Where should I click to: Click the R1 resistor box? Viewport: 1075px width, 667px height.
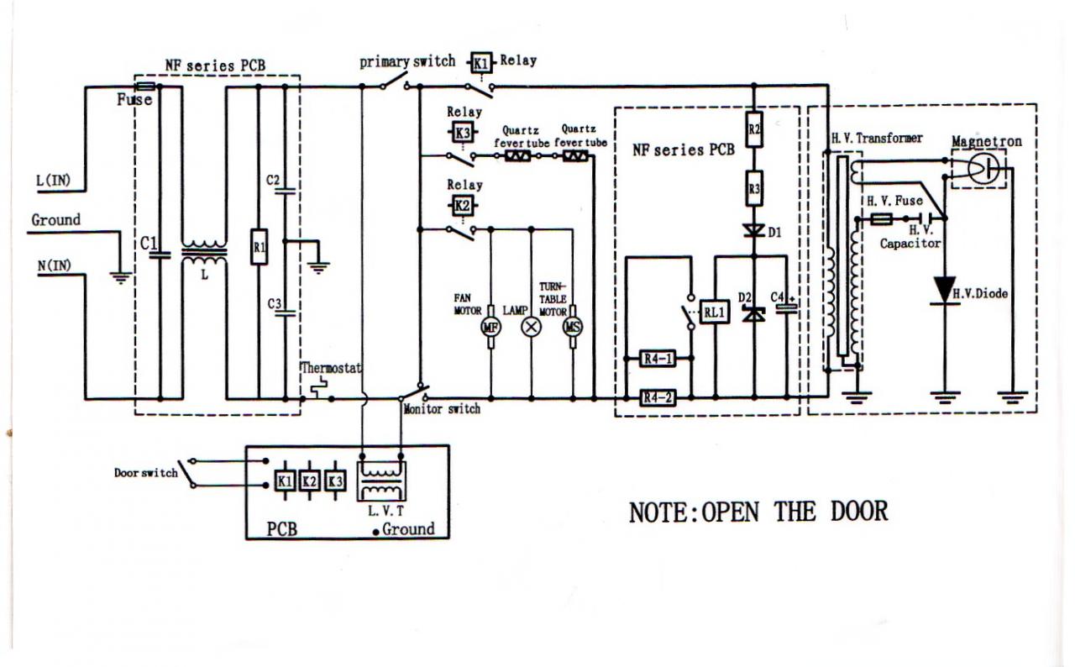tap(259, 249)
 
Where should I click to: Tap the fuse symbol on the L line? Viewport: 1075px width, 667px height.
tap(144, 87)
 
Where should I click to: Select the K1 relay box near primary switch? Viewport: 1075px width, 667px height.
tap(480, 61)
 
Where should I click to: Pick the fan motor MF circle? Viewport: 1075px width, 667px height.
tap(490, 327)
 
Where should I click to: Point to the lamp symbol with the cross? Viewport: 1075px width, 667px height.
tap(531, 327)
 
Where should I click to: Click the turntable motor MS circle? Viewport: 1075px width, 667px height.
tap(574, 327)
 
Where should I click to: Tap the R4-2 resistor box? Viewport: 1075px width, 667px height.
tap(658, 397)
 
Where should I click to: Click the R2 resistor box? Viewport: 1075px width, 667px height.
tap(753, 129)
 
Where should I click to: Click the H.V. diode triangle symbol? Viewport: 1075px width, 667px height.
tap(945, 290)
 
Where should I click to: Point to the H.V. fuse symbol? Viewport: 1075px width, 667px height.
tap(882, 219)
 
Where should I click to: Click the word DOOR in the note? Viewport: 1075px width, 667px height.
tap(859, 510)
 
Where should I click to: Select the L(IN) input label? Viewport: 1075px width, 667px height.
tap(55, 180)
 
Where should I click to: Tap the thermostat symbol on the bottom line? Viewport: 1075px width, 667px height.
tap(317, 389)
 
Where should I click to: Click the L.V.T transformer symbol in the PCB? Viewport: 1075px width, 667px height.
tap(381, 481)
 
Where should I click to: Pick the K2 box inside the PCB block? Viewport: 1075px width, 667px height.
tap(310, 481)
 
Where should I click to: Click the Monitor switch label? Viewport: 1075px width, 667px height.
tap(442, 409)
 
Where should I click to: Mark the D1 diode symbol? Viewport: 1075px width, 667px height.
tap(753, 229)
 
